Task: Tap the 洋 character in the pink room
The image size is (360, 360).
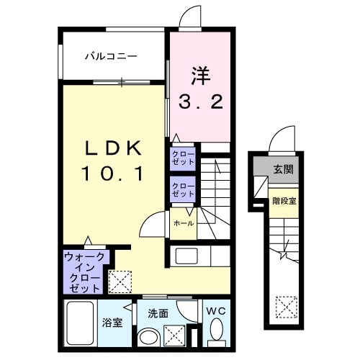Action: (x=201, y=75)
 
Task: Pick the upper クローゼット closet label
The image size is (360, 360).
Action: (x=183, y=158)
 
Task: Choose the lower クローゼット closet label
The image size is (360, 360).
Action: (x=183, y=190)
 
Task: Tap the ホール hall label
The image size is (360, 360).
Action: (x=182, y=223)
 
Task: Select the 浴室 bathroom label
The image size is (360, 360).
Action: (x=112, y=322)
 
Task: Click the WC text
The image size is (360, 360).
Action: (x=216, y=312)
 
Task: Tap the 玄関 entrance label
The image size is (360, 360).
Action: (x=283, y=170)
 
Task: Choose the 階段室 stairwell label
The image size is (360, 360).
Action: (x=284, y=201)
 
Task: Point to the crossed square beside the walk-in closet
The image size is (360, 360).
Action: (x=118, y=279)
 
